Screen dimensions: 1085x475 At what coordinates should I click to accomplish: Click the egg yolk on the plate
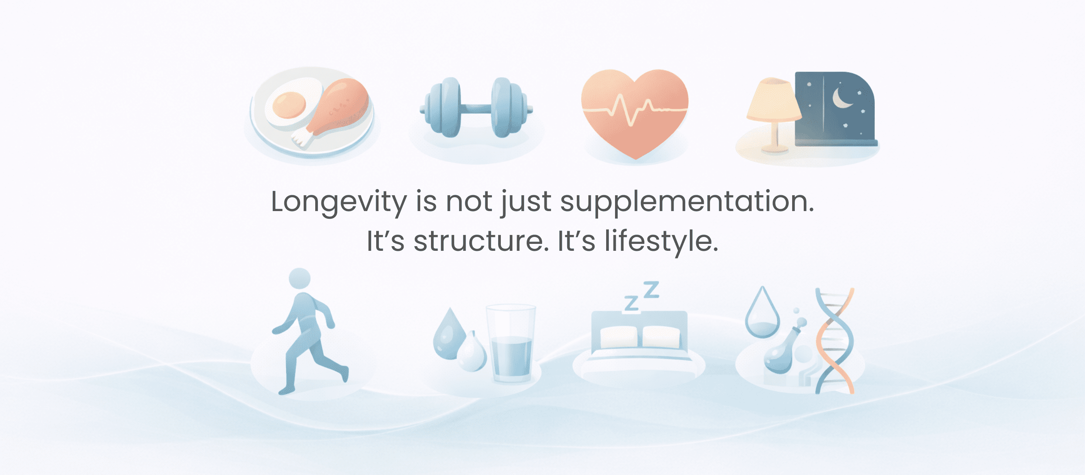pyautogui.click(x=289, y=105)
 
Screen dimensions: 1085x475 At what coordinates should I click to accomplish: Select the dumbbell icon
pyautogui.click(x=476, y=107)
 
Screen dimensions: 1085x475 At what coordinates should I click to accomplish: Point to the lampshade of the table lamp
pyautogui.click(x=774, y=100)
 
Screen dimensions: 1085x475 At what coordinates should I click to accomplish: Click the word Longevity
pyautogui.click(x=339, y=202)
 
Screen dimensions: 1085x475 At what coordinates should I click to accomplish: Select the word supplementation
pyautogui.click(x=687, y=202)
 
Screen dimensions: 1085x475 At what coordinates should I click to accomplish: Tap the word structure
pyautogui.click(x=482, y=241)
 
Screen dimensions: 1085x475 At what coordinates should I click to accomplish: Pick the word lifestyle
pyautogui.click(x=662, y=241)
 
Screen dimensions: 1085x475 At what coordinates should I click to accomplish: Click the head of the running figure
pyautogui.click(x=299, y=278)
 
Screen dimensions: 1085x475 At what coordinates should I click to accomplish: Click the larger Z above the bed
pyautogui.click(x=651, y=290)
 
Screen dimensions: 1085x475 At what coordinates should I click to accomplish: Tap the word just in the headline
pyautogui.click(x=526, y=203)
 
